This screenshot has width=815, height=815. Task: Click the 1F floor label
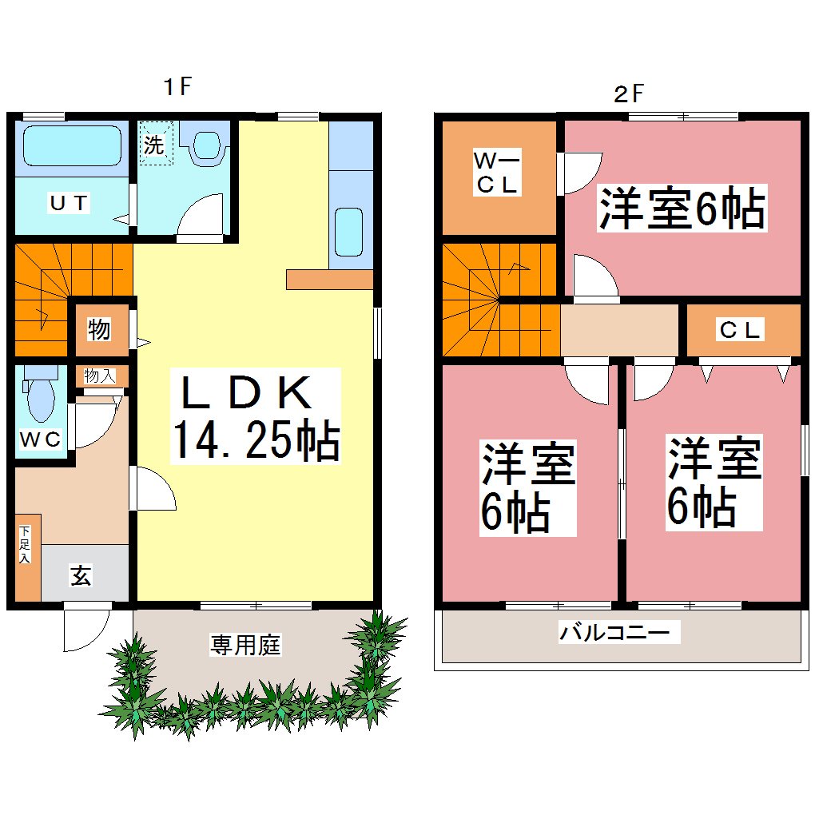point(177,86)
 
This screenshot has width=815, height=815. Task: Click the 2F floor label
point(628,94)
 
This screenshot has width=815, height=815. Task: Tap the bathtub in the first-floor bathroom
point(70,146)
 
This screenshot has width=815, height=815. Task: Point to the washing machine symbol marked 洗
point(155,145)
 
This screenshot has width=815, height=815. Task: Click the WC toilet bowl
point(38,400)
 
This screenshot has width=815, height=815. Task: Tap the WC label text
point(40,439)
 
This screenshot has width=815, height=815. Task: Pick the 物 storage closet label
point(99,329)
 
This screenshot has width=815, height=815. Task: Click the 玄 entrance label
point(81,574)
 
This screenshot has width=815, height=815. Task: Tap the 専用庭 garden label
point(245,645)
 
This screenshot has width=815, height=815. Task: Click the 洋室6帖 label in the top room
point(682,209)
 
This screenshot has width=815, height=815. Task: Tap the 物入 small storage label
point(100,376)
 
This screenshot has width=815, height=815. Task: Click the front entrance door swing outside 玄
point(85,629)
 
